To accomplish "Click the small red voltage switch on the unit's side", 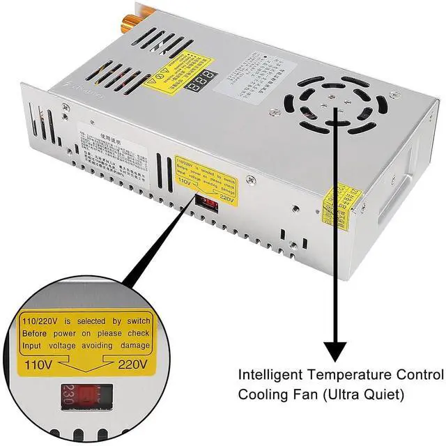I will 208,203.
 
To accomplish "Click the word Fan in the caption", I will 302,394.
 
